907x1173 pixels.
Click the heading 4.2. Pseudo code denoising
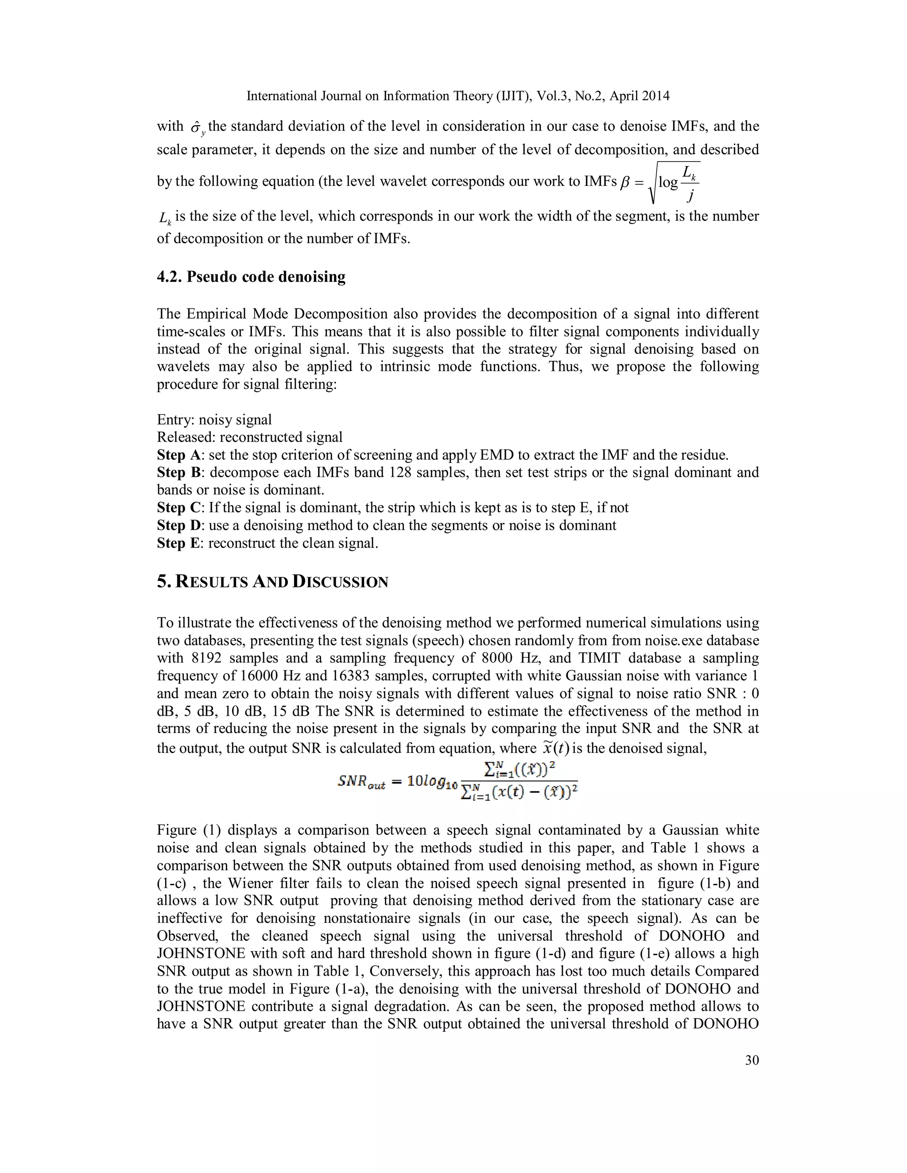(x=251, y=277)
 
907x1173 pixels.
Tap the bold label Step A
(x=178, y=455)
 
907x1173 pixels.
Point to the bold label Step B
(x=178, y=473)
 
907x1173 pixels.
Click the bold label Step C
(x=178, y=508)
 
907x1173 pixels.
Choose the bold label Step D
(x=178, y=525)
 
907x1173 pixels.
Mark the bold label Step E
(x=178, y=543)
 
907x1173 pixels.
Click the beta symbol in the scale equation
(x=624, y=183)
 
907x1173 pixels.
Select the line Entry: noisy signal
(x=214, y=420)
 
